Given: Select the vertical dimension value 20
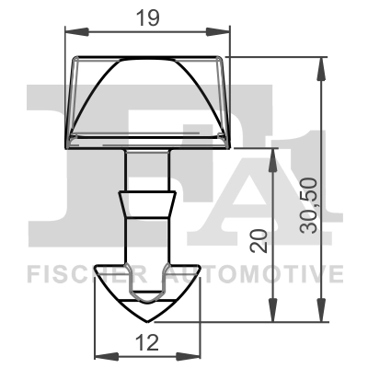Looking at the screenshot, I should click(x=260, y=240).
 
